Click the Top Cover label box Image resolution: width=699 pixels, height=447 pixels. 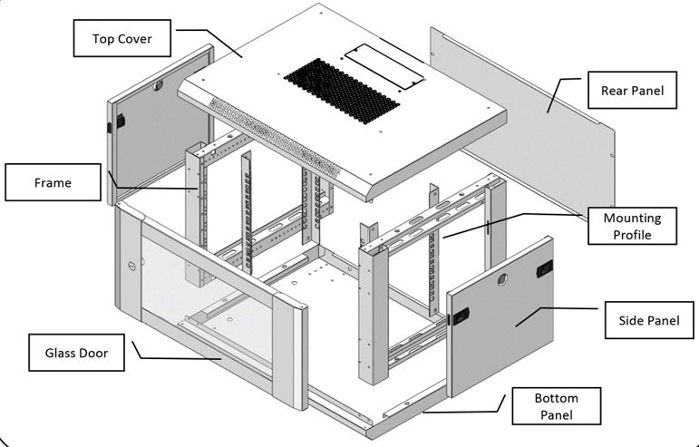point(122,40)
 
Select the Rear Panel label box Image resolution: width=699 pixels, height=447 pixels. point(632,91)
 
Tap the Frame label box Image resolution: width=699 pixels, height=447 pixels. point(53,182)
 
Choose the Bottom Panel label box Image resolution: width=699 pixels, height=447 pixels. point(557,406)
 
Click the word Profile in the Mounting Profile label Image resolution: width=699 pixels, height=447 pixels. point(632,235)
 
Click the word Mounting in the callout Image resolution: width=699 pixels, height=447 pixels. point(632,219)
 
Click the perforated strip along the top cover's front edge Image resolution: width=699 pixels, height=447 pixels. point(272,136)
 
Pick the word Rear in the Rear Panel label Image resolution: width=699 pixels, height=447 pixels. point(613,91)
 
